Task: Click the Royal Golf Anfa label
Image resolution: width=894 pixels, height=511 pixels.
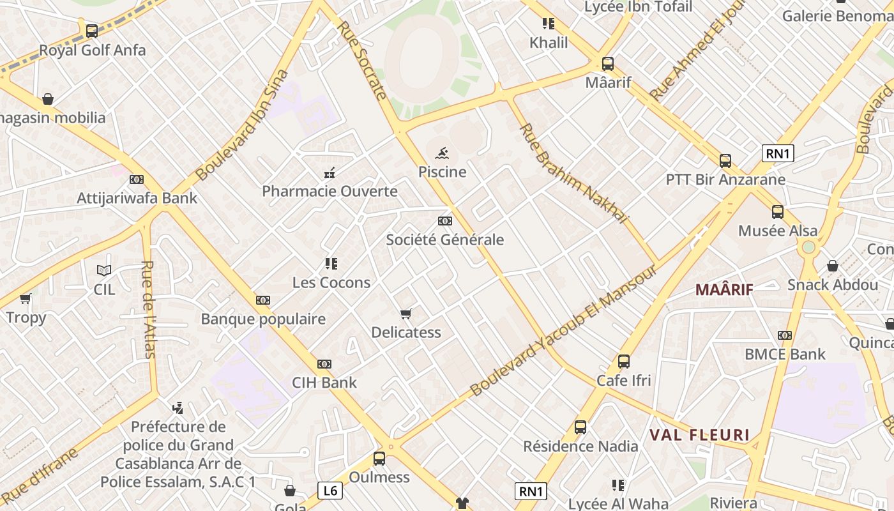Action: pyautogui.click(x=93, y=50)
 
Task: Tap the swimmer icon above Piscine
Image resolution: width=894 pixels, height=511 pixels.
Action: pyautogui.click(x=442, y=153)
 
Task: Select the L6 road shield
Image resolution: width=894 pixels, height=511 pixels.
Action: pyautogui.click(x=330, y=491)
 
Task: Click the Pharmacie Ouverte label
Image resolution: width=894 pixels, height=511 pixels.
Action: pyautogui.click(x=330, y=191)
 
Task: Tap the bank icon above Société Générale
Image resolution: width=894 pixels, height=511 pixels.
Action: pyautogui.click(x=445, y=221)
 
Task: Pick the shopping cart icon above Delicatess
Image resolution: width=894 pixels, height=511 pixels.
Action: pyautogui.click(x=405, y=314)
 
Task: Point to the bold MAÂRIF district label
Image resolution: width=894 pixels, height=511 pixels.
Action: pyautogui.click(x=724, y=289)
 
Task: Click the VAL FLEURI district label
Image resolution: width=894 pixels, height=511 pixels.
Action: pyautogui.click(x=699, y=436)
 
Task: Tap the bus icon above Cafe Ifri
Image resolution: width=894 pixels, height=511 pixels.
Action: pyautogui.click(x=624, y=362)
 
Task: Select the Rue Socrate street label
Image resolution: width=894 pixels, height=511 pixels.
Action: pyautogui.click(x=362, y=61)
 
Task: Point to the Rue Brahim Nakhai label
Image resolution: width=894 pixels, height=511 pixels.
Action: pyautogui.click(x=573, y=174)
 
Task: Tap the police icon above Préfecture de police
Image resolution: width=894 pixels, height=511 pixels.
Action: pyautogui.click(x=178, y=407)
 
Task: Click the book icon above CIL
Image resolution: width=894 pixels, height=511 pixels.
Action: pyautogui.click(x=104, y=270)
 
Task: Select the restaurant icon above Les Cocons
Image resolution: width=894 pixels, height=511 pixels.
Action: pyautogui.click(x=331, y=263)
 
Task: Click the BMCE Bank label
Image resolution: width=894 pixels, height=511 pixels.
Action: pyautogui.click(x=785, y=354)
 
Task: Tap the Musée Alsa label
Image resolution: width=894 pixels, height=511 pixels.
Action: pyautogui.click(x=778, y=231)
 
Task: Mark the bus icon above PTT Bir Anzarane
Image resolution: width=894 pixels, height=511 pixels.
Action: pyautogui.click(x=725, y=160)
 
